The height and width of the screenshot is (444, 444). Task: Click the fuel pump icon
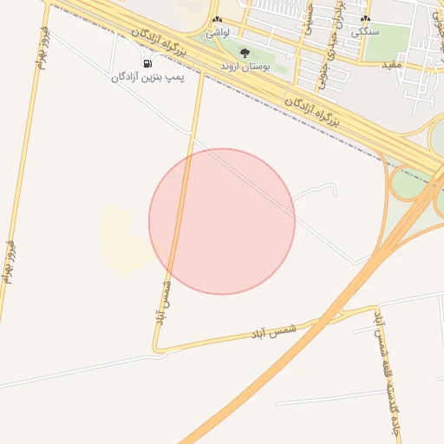click(148, 63)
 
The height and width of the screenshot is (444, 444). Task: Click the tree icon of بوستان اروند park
click(244, 54)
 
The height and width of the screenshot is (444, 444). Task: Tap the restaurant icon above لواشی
click(217, 19)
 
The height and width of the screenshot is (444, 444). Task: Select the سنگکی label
click(364, 30)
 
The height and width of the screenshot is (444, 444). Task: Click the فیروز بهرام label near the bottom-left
click(10, 260)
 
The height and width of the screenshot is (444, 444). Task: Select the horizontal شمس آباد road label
click(274, 331)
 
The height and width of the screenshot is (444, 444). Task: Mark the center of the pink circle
click(222, 221)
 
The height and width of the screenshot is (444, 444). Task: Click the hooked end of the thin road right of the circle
click(334, 188)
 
